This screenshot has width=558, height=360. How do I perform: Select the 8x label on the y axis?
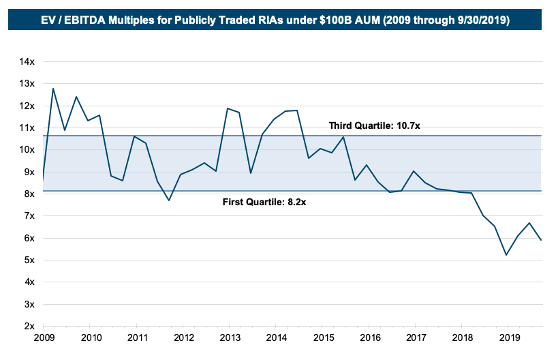pyautogui.click(x=29, y=194)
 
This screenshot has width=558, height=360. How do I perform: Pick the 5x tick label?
pyautogui.click(x=29, y=260)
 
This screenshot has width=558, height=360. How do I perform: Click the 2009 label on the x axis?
pyautogui.click(x=44, y=337)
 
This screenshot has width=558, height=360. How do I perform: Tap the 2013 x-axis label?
pyautogui.click(x=229, y=337)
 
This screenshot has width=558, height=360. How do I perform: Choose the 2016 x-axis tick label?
pyautogui.click(x=369, y=337)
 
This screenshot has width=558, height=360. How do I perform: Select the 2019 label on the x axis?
pyautogui.click(x=508, y=337)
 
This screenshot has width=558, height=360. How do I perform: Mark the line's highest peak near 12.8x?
pyautogui.click(x=53, y=88)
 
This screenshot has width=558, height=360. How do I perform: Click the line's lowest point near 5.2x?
pyautogui.click(x=506, y=255)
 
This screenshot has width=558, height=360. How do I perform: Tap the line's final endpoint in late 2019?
pyautogui.click(x=541, y=240)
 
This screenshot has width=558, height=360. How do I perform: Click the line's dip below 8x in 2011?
pyautogui.click(x=169, y=200)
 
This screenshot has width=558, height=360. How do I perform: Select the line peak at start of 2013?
pyautogui.click(x=227, y=108)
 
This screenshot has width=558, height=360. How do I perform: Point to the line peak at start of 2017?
pyautogui.click(x=414, y=171)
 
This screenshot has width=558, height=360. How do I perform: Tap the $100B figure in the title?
pyautogui.click(x=336, y=20)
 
